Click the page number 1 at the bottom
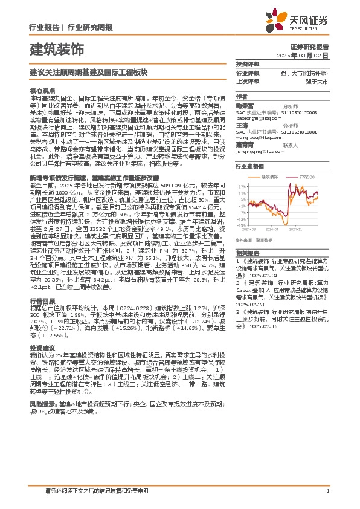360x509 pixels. pos(327,491)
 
